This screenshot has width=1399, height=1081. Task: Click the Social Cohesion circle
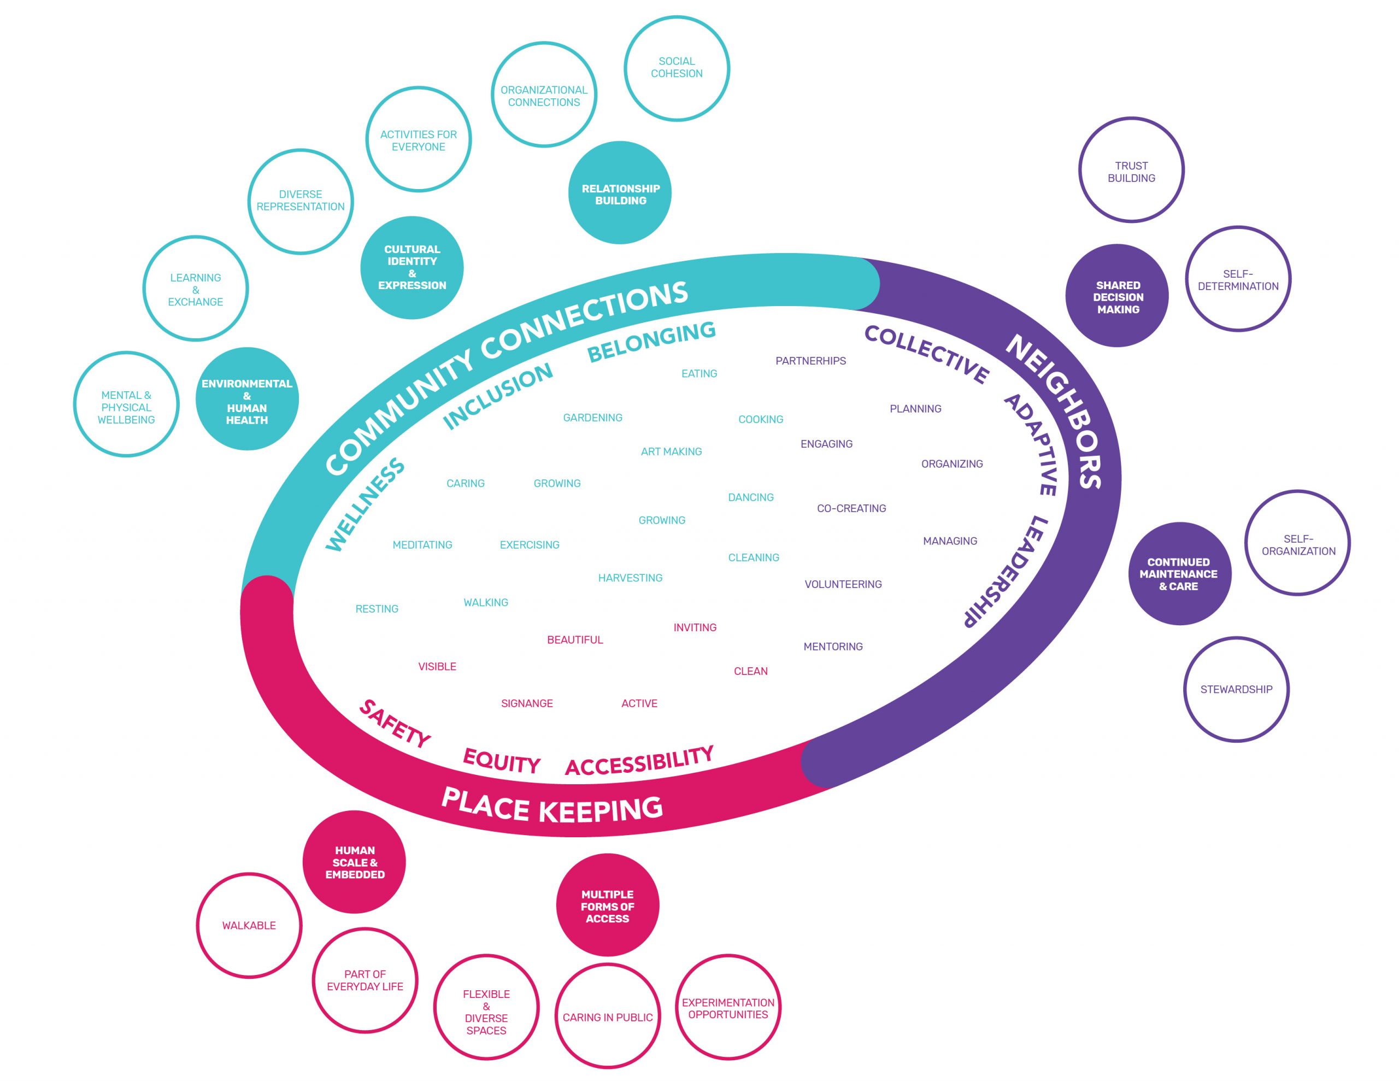coord(677,68)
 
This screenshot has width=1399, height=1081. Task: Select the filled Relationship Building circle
coord(620,193)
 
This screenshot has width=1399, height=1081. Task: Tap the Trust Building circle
coord(1131,171)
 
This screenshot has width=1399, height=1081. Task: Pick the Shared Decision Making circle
coord(1118,297)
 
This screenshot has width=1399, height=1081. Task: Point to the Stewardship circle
coord(1236,690)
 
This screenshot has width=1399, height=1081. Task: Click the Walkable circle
coord(249,925)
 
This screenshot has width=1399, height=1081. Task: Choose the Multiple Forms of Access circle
coord(607,906)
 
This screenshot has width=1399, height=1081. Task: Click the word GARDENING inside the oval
coord(592,418)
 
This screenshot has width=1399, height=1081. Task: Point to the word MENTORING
coord(833,647)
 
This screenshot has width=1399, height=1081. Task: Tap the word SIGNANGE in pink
coord(527,703)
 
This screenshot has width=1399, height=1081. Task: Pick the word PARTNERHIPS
coord(810,361)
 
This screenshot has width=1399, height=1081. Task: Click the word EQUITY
coord(502,761)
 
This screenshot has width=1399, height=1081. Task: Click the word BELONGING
coord(651,342)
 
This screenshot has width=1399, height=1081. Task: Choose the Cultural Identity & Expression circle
coord(412,268)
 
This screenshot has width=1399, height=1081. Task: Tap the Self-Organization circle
coord(1298,544)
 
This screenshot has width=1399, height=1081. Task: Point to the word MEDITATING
coord(422,545)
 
